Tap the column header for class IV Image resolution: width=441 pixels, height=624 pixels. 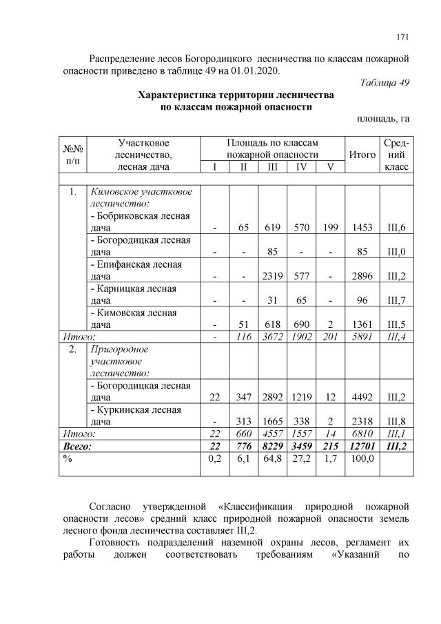coord(301,167)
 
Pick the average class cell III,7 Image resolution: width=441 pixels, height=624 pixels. coord(396,300)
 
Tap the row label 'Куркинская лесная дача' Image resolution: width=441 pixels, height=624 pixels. coord(136,415)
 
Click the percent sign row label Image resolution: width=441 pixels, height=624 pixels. coord(68,460)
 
